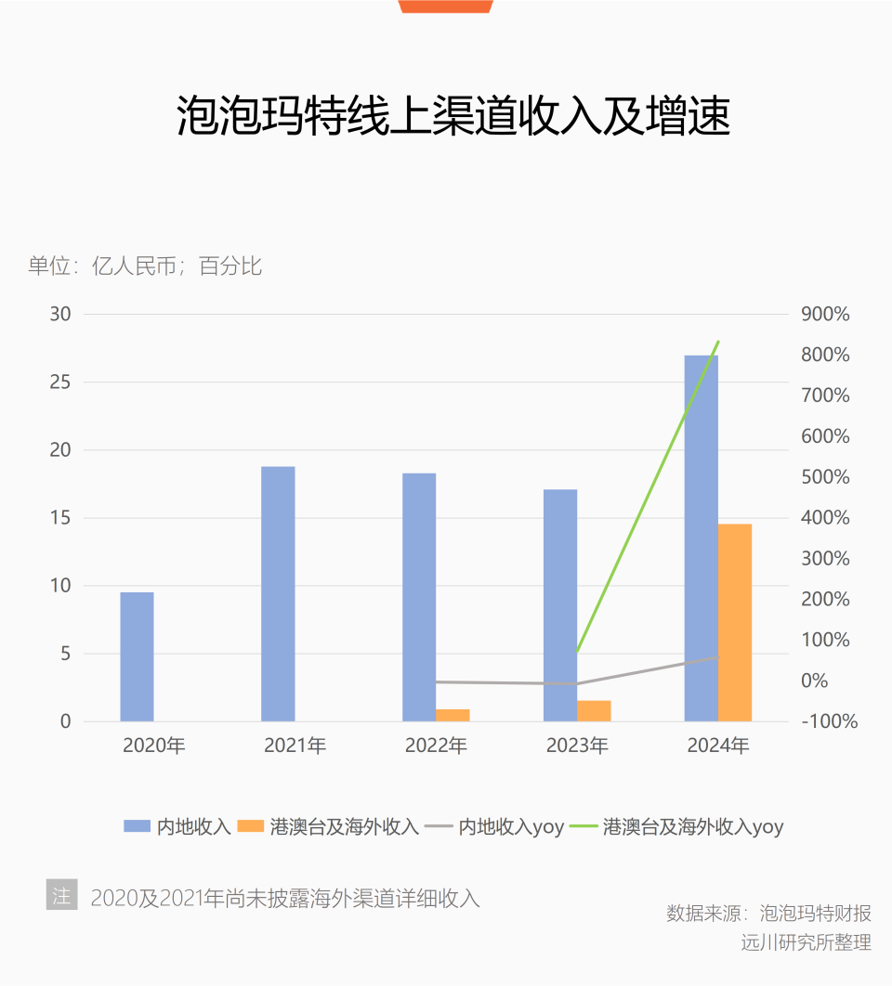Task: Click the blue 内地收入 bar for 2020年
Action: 137,656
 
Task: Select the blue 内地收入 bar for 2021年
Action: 278,594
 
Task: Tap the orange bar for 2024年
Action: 735,622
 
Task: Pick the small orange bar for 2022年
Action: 453,715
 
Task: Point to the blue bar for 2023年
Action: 560,605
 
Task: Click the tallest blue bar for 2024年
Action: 702,538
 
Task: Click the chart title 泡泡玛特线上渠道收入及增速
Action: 453,116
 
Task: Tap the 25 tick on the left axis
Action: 60,382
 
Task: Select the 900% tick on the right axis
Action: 825,314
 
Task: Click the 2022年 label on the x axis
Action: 436,746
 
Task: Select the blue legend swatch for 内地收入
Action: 138,826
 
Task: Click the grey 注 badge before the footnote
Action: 61,895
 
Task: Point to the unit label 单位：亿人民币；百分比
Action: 145,266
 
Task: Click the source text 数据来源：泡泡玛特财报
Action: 768,913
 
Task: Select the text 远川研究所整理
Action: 806,942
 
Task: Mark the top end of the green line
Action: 718,343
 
